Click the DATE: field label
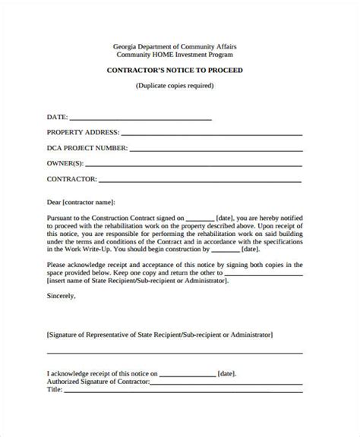pyautogui.click(x=57, y=118)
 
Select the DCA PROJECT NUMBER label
pyautogui.click(x=87, y=149)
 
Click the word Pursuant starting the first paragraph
pyautogui.click(x=62, y=217)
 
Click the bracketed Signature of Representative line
pyautogui.click(x=159, y=333)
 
